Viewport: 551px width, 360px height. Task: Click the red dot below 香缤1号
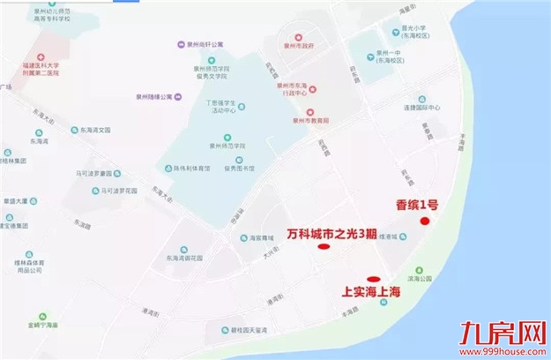coord(425,221)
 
